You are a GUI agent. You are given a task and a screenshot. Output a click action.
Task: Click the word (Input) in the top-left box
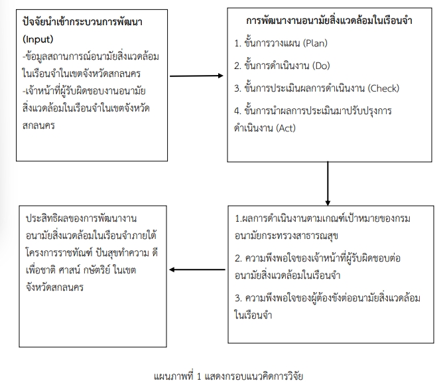38,39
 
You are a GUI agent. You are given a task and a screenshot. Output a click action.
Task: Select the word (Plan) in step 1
315,43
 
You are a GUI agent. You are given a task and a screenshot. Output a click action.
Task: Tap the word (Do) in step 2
321,66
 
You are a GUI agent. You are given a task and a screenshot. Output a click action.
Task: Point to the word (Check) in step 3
383,88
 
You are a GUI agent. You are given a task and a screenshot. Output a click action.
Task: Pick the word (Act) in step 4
286,128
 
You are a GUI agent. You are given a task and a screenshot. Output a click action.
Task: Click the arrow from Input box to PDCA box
196,76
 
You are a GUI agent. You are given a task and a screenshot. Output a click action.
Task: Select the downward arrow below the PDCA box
328,183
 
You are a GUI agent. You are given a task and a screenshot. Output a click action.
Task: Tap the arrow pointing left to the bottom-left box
197,269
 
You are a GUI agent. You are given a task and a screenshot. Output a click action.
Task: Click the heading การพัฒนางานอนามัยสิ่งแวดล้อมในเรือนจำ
329,21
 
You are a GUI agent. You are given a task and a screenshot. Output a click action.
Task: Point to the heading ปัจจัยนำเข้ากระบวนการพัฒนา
82,22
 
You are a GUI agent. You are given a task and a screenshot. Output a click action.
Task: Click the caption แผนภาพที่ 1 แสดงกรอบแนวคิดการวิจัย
228,376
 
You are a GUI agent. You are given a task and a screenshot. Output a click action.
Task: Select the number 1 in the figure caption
199,376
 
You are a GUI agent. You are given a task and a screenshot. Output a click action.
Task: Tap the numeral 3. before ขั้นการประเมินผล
237,88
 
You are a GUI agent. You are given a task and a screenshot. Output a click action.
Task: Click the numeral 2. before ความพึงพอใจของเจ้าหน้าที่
238,259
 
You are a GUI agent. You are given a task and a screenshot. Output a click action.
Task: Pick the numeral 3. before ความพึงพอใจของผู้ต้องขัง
238,298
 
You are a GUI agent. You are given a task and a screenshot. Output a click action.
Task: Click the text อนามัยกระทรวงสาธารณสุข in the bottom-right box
287,236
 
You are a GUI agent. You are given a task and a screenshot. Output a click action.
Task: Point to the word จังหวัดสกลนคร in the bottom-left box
54,287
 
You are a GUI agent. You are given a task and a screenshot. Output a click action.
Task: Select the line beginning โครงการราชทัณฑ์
92,253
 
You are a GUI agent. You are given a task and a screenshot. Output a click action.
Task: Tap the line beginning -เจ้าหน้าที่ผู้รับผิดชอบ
84,91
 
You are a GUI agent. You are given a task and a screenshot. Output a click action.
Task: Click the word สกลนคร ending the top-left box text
38,125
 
